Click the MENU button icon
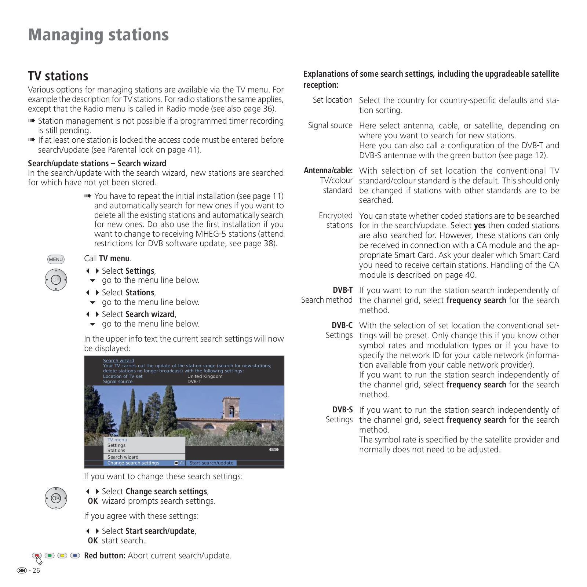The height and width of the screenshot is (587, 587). [56, 259]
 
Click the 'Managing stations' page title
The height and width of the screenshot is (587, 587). [98, 35]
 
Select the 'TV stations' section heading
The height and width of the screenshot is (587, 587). [58, 76]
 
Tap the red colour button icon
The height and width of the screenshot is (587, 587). [37, 555]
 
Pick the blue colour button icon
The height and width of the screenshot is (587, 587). [75, 555]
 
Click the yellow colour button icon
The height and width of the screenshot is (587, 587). [62, 555]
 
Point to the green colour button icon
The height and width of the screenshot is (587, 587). [50, 555]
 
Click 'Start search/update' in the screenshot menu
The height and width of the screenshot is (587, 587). [211, 463]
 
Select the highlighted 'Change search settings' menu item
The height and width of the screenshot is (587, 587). [133, 463]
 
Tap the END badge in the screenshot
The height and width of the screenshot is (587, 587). [274, 449]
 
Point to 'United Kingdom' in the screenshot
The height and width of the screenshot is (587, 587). [205, 376]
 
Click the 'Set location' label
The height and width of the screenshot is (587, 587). [332, 100]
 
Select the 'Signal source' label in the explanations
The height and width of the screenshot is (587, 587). [330, 125]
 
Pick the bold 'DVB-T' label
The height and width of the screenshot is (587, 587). [343, 290]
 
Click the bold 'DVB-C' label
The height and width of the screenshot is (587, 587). [342, 325]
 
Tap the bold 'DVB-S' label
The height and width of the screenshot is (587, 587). [342, 410]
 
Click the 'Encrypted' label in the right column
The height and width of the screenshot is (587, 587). [335, 216]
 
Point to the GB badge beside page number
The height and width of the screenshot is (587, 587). [22, 570]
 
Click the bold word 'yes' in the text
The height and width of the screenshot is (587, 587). [480, 226]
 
